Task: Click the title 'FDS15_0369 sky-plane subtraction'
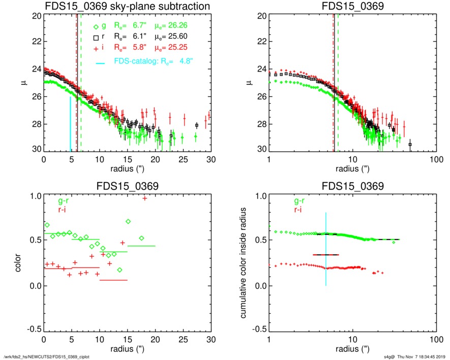(127, 7)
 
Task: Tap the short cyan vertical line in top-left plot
(71, 124)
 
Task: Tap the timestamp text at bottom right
(414, 356)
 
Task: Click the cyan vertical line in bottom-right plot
(325, 249)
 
